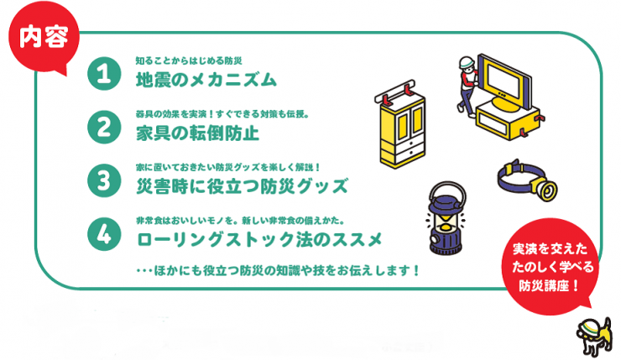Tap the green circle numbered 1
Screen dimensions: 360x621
coord(105,75)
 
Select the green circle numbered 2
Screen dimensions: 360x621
coord(105,128)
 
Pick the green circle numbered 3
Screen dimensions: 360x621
coord(105,181)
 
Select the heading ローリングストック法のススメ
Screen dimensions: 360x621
coord(259,241)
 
